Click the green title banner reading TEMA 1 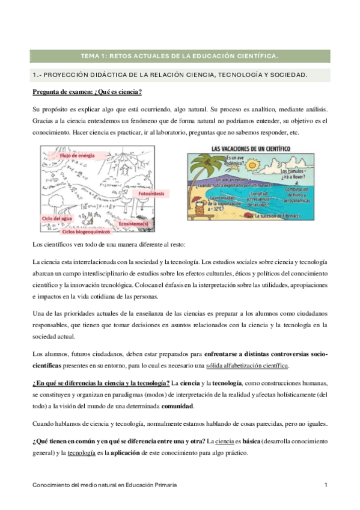click(180, 56)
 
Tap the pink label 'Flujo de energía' click(77, 155)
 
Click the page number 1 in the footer click(325, 485)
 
